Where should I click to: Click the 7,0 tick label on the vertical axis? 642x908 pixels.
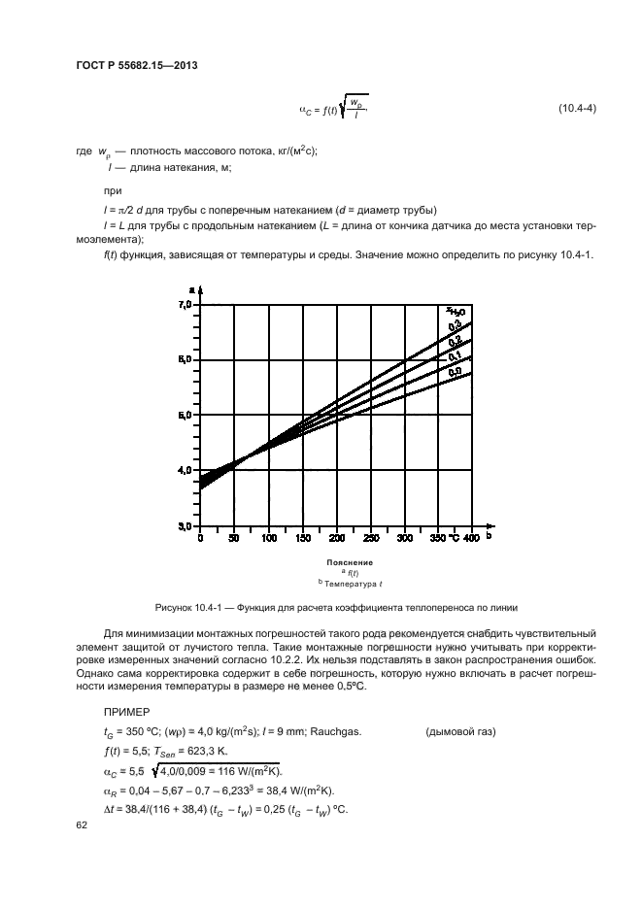[185, 305]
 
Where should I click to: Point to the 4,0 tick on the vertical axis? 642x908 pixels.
[185, 470]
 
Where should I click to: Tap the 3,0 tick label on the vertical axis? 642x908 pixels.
[185, 525]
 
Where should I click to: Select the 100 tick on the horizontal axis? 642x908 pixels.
[267, 537]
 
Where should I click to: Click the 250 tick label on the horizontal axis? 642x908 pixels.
[369, 537]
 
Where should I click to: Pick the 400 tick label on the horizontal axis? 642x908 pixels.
[471, 537]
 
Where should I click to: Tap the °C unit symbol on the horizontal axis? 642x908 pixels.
[452, 537]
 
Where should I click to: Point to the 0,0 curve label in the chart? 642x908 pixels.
[454, 370]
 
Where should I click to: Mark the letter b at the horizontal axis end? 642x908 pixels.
[489, 535]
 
